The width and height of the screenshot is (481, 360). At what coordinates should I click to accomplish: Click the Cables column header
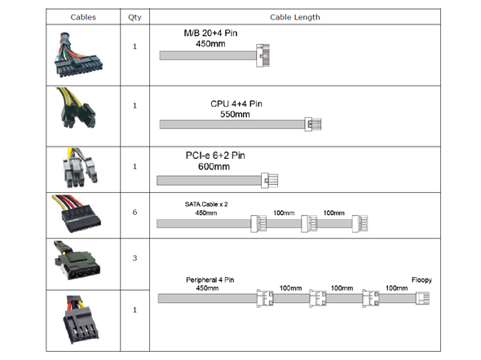(83, 17)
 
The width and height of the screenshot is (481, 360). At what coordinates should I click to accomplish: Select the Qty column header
(135, 17)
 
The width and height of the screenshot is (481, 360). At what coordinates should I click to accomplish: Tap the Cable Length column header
(295, 17)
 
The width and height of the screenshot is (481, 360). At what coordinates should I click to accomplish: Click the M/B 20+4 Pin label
(210, 33)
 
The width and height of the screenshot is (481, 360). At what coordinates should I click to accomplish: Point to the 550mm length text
(235, 114)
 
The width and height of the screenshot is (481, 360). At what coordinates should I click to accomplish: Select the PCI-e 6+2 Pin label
(215, 156)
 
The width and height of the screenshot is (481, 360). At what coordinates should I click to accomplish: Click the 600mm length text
(214, 167)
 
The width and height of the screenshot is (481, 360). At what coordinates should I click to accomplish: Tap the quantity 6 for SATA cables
(135, 212)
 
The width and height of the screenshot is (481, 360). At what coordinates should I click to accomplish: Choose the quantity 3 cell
(135, 258)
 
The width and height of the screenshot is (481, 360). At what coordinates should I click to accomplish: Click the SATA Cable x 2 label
(206, 204)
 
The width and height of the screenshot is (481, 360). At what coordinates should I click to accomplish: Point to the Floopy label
(421, 280)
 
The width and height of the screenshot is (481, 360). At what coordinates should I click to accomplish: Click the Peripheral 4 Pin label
(210, 279)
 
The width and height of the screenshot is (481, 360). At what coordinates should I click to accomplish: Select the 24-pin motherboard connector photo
(78, 55)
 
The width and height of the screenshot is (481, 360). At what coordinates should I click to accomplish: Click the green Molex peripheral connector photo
(77, 261)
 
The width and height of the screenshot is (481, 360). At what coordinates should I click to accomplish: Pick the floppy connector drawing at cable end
(423, 298)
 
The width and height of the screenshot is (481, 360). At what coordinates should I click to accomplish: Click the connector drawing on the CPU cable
(313, 125)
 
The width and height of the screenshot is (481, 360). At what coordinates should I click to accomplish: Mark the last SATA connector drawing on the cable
(360, 223)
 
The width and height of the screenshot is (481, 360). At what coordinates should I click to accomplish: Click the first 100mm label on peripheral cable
(290, 288)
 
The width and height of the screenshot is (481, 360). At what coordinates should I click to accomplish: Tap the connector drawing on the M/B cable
(263, 55)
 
